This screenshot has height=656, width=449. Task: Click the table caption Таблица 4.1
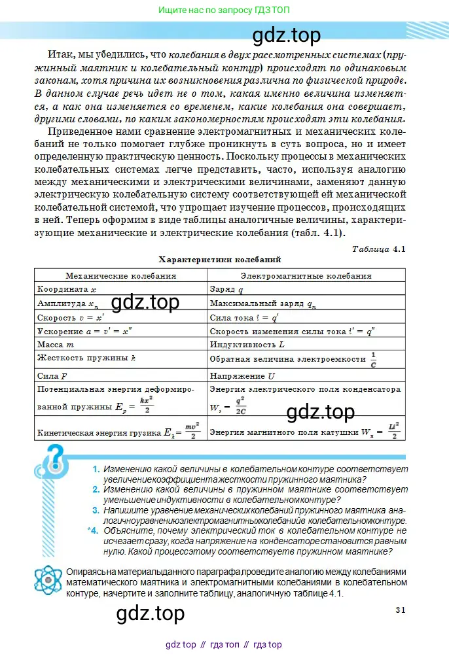pos(379,249)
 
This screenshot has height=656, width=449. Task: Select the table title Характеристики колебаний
pos(219,260)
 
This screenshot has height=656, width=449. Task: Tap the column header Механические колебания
pos(120,275)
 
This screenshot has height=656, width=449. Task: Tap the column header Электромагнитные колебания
pos(306,275)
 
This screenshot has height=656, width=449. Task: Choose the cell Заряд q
pos(226,289)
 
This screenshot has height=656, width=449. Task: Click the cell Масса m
pos(56,344)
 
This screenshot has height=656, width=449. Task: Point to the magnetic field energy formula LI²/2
pos(393,431)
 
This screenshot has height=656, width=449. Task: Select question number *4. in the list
pos(93,530)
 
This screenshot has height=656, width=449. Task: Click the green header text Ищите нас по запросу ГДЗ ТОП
pos(224,10)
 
